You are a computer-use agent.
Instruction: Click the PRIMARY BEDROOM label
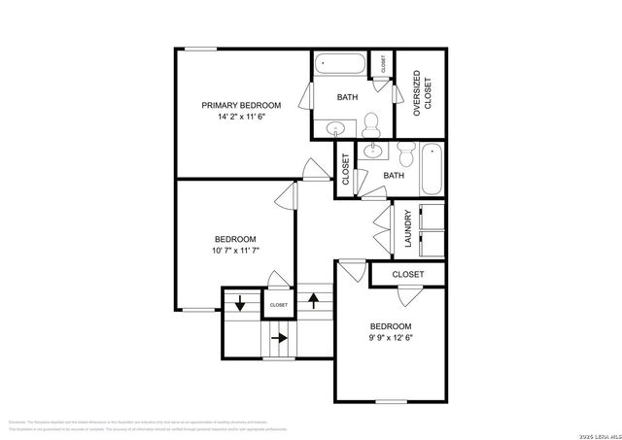241,105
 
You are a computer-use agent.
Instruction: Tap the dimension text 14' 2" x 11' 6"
241,117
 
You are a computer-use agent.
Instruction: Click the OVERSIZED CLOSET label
421,93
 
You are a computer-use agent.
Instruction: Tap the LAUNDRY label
408,228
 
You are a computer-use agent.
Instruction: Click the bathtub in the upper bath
341,67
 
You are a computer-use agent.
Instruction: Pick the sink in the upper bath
335,127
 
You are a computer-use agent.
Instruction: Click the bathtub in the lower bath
432,171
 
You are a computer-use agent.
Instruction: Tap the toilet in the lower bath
406,152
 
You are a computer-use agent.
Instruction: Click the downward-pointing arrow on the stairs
239,304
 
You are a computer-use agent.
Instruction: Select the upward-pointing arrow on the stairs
313,299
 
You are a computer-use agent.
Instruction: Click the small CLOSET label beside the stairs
278,305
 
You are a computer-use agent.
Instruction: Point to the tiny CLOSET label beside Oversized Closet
386,67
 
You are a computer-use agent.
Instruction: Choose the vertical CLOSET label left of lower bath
346,170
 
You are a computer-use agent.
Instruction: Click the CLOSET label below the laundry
408,275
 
